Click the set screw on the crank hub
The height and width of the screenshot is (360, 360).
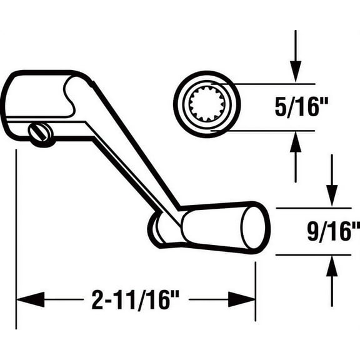[x=41, y=134]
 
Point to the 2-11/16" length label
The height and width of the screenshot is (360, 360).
[x=135, y=300]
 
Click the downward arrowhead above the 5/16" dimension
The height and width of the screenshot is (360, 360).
[x=296, y=69]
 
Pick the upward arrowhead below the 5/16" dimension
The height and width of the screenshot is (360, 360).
[x=296, y=145]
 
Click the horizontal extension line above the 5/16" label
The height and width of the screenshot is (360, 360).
[x=275, y=84]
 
